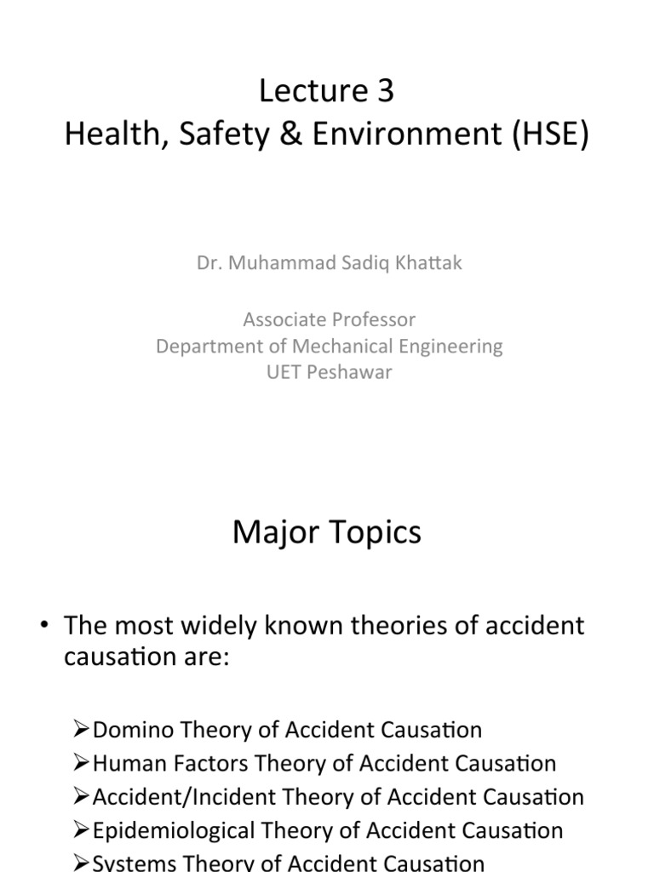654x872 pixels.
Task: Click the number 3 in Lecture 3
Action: coord(385,91)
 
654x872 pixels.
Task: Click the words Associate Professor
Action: coord(329,320)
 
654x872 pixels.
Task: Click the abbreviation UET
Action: coord(282,372)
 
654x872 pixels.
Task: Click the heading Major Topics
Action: coord(327,534)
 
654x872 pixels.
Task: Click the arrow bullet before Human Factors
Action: coord(81,764)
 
